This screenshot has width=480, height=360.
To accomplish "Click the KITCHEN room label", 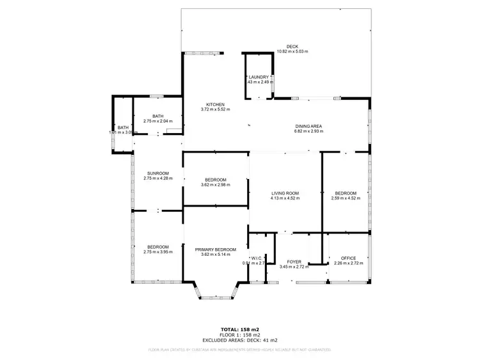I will coord(215,104).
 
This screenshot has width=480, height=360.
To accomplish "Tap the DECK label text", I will coord(292,47).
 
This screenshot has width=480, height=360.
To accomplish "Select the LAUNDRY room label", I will coord(259,77).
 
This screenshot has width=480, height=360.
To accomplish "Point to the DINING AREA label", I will coord(309,126).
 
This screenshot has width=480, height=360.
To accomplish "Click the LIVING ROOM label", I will coord(285,193).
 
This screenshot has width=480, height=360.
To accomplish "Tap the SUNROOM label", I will coord(157,173).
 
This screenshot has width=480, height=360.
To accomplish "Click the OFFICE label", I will coord(348,258).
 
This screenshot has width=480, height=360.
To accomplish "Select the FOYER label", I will coord(294,262).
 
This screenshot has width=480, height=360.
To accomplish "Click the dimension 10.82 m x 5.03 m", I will coord(292,51).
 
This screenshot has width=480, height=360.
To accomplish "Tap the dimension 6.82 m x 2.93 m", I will coord(309,131).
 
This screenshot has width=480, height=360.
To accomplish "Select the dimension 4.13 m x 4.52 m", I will coord(285,198).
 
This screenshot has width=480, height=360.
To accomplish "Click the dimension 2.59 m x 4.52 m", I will coord(346,198).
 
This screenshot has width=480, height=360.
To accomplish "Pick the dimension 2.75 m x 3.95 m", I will coord(157,253).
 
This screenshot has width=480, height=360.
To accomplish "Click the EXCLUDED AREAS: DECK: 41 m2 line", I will coord(239,340).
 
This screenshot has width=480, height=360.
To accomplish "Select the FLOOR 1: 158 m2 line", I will coord(239,335).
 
